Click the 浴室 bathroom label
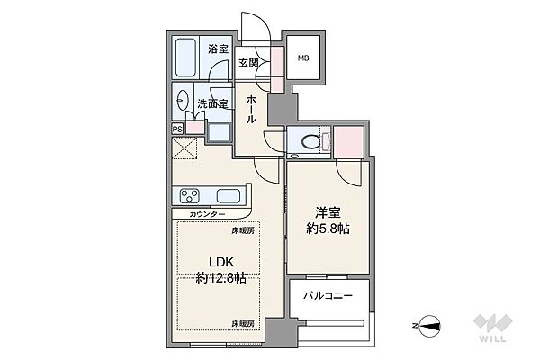click(218, 49)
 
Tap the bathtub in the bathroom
click(185, 58)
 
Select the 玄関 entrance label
click(248, 63)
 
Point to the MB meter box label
click(303, 58)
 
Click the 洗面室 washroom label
click(212, 103)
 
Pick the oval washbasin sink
click(183, 100)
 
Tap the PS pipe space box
click(177, 130)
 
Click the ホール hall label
click(251, 110)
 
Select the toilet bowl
click(310, 141)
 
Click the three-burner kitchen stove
click(190, 196)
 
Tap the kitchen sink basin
click(229, 196)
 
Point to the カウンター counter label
click(207, 214)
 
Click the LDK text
click(221, 262)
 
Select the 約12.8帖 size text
click(220, 277)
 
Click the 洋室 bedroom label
click(328, 213)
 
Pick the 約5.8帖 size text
click(328, 229)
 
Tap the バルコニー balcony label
click(328, 295)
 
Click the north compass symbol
click(429, 326)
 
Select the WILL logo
click(493, 328)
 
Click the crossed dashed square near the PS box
click(184, 148)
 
